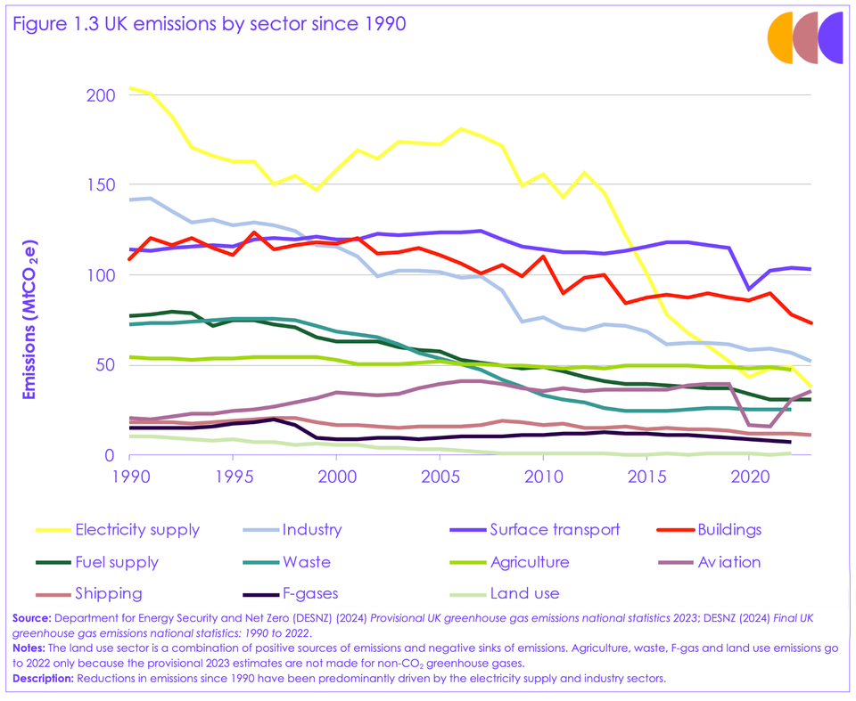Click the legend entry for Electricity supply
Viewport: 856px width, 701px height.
(x=137, y=530)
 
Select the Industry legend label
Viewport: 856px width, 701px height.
(x=311, y=530)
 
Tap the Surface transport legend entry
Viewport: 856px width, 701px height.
(x=554, y=530)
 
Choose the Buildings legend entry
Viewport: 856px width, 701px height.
(x=729, y=530)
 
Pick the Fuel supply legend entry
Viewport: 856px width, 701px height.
(x=117, y=562)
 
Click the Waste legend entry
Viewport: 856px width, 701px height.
(x=306, y=562)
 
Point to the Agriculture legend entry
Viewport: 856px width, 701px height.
(x=529, y=562)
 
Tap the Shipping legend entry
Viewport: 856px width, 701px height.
(x=109, y=594)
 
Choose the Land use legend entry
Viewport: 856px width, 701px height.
(x=524, y=594)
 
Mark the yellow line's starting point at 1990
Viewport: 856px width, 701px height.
(x=130, y=88)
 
